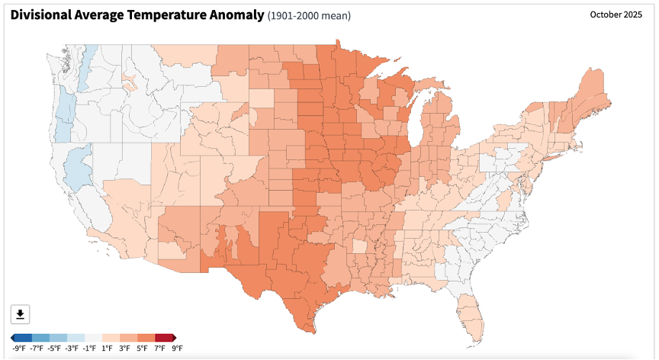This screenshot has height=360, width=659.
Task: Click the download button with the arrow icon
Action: pyautogui.click(x=20, y=314)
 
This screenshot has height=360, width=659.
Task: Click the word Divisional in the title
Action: pyautogui.click(x=40, y=15)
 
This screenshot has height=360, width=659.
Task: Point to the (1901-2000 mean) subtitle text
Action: pyautogui.click(x=309, y=16)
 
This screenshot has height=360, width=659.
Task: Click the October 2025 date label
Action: pyautogui.click(x=616, y=14)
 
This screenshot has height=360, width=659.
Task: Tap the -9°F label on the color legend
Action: pyautogui.click(x=19, y=349)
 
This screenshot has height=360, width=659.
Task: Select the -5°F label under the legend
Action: pyautogui.click(x=54, y=349)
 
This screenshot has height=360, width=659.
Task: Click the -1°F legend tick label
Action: pyautogui.click(x=89, y=349)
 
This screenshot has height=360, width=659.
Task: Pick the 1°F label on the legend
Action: pyautogui.click(x=108, y=349)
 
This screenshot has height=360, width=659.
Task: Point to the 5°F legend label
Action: pyautogui.click(x=142, y=349)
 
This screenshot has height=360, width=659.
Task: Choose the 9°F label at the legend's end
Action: pyautogui.click(x=178, y=349)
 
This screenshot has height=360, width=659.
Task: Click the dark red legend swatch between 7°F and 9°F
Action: pyautogui.click(x=164, y=338)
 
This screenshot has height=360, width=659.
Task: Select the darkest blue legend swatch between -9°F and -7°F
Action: pyautogui.click(x=23, y=338)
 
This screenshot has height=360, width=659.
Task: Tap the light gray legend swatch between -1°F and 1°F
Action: pyautogui.click(x=93, y=338)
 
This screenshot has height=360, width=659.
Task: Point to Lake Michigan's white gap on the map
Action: pyautogui.click(x=415, y=126)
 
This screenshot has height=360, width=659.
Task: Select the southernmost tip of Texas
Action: pyautogui.click(x=314, y=333)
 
